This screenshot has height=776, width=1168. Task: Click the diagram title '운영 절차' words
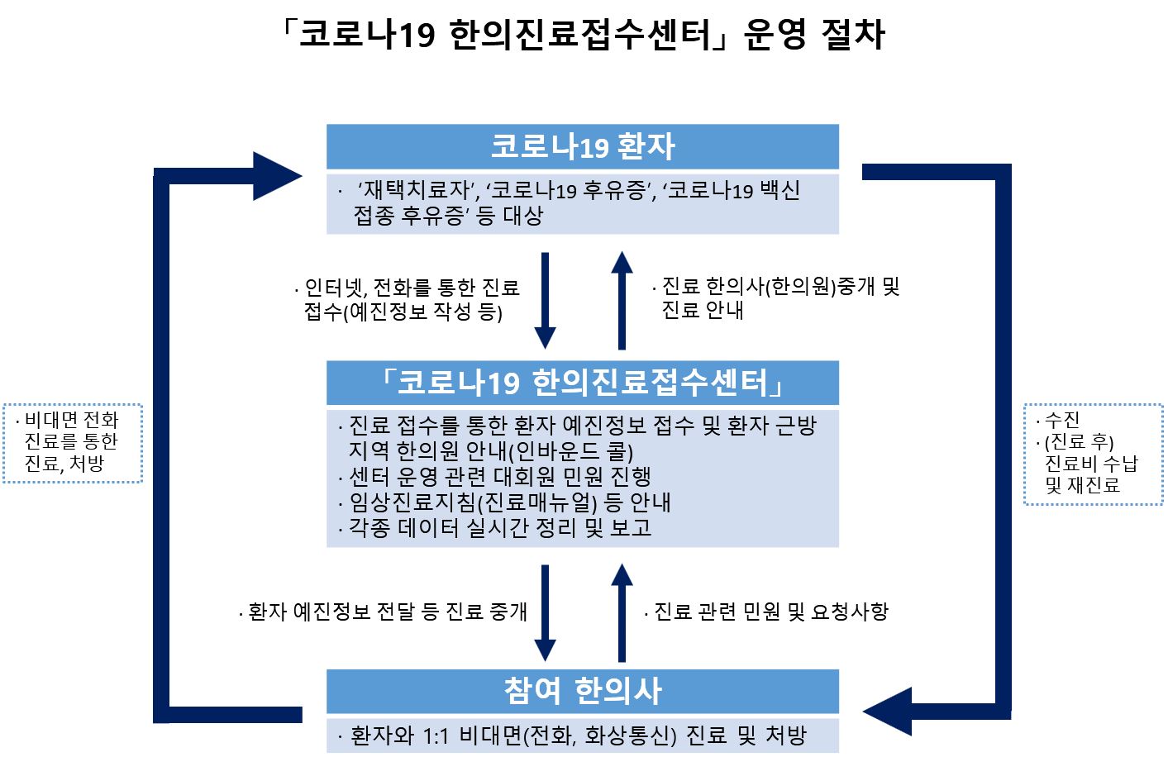coord(814,35)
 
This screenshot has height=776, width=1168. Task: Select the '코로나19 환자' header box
coord(582,147)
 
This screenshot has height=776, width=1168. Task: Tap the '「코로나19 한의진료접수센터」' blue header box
coord(582,383)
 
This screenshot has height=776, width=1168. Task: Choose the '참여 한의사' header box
coord(582,691)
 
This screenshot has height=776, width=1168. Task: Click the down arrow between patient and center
coord(545,302)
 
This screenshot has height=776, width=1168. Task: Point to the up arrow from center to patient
coord(621,302)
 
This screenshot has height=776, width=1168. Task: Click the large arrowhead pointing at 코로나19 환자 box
coord(276,175)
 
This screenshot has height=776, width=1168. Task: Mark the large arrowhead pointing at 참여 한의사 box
coord(889,711)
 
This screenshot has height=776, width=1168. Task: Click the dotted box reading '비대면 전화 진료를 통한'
coord(73,443)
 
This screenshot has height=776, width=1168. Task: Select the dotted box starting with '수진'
coord(1093,454)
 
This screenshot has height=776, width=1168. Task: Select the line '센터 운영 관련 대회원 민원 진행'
coord(499,477)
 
